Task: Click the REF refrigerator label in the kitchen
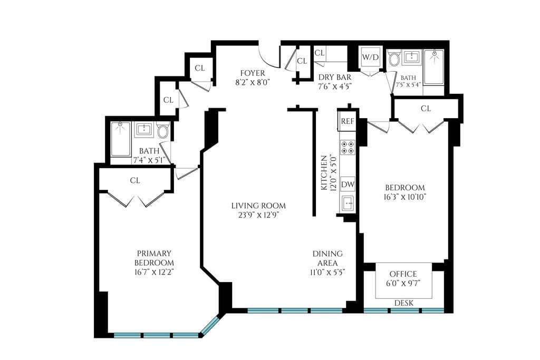[347, 121]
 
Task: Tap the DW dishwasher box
[348, 184]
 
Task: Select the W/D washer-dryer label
[370, 57]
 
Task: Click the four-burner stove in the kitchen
[348, 147]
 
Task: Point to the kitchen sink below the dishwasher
[348, 203]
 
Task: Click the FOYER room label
[252, 73]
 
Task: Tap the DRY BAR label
[335, 77]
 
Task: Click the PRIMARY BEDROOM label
[153, 258]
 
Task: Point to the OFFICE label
[403, 274]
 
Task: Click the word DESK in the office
[404, 303]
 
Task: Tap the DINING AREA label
[327, 258]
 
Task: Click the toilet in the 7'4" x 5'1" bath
[163, 130]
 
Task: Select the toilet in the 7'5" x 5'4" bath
[394, 59]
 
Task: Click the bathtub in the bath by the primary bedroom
[121, 139]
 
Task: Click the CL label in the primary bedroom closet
[135, 180]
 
